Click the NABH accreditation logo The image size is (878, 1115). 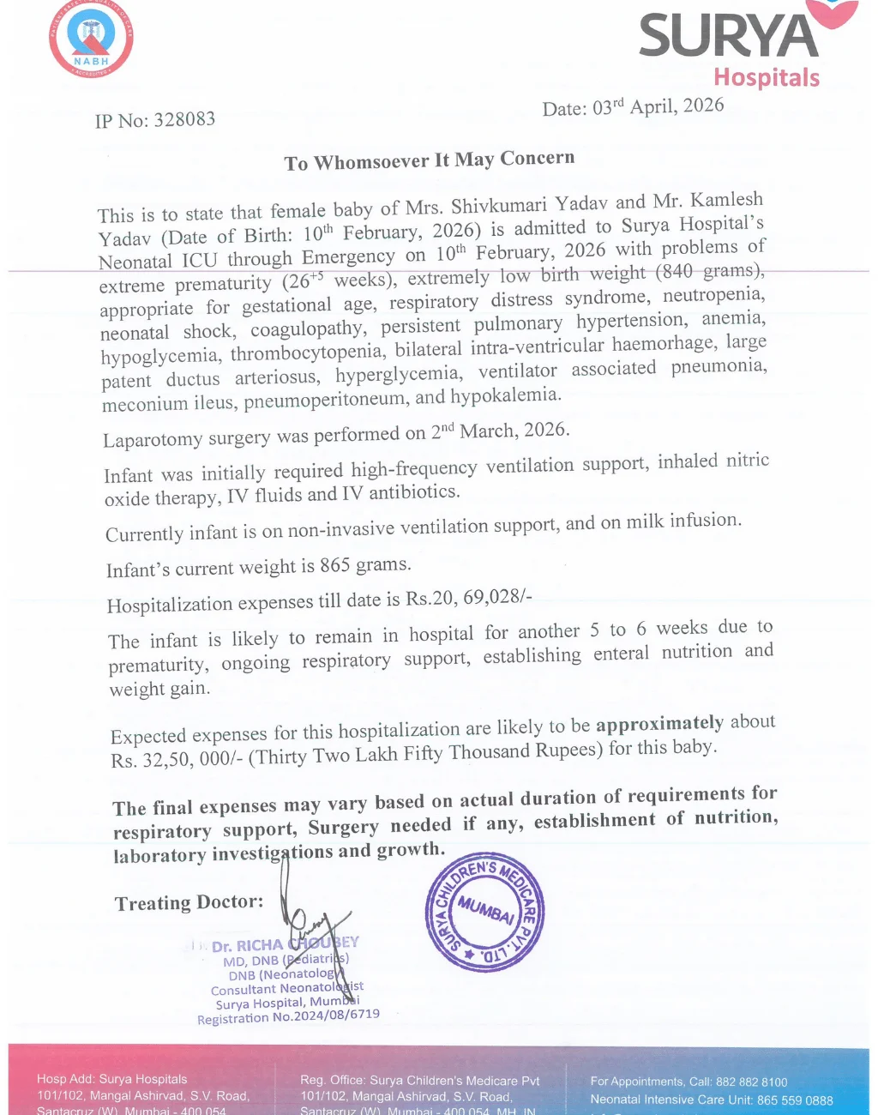coord(91,39)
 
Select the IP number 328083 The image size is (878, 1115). coord(184,119)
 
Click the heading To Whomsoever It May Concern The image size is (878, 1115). coord(429,160)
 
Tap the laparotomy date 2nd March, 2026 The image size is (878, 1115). coord(499,431)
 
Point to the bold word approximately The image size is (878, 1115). coord(659,724)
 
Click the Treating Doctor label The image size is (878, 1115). coord(189,902)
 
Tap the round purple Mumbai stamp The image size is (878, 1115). coord(485,912)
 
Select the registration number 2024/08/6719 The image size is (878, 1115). coord(336,1015)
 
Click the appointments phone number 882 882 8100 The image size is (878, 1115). coord(751,1082)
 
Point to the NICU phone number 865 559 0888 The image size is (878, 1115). coord(795,1100)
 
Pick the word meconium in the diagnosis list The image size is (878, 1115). coord(144,404)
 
